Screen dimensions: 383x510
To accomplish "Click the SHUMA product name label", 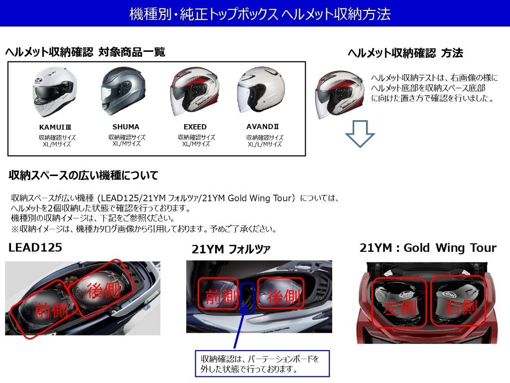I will (126, 127).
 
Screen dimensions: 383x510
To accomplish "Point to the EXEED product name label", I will (195, 127).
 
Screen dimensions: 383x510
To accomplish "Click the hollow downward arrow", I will (360, 134).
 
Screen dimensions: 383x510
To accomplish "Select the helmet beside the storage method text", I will (340, 94).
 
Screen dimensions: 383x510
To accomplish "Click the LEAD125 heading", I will (35, 247).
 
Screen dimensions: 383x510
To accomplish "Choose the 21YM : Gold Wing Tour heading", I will (428, 248).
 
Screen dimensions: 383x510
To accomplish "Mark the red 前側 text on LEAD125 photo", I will (52, 311).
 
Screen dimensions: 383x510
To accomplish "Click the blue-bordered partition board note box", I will (261, 364).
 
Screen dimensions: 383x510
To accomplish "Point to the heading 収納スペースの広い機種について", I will (84, 176).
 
